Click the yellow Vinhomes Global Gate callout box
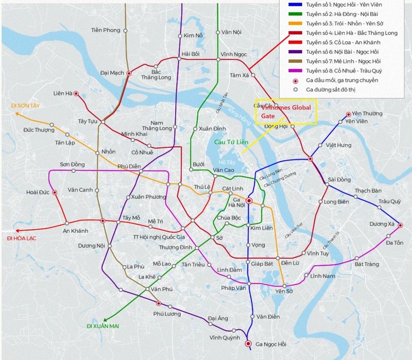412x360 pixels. click(286, 112)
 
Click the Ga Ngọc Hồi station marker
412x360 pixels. click(248, 344)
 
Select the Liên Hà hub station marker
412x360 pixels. click(76, 94)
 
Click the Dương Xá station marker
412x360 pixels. click(401, 225)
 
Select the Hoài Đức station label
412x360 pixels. click(37, 193)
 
